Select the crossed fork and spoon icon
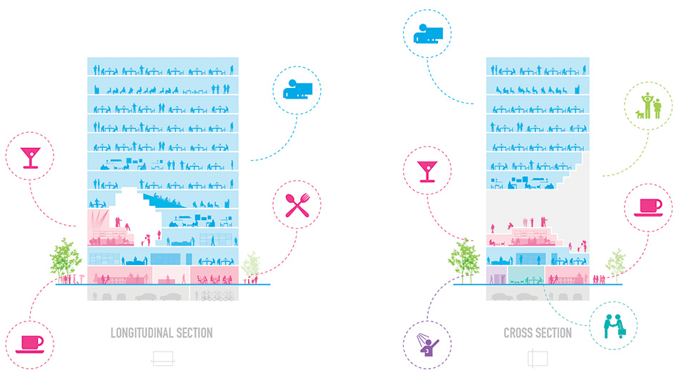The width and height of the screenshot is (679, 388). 297,205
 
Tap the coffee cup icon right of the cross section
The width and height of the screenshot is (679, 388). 649,206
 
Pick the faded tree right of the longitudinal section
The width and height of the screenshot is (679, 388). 251,266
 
